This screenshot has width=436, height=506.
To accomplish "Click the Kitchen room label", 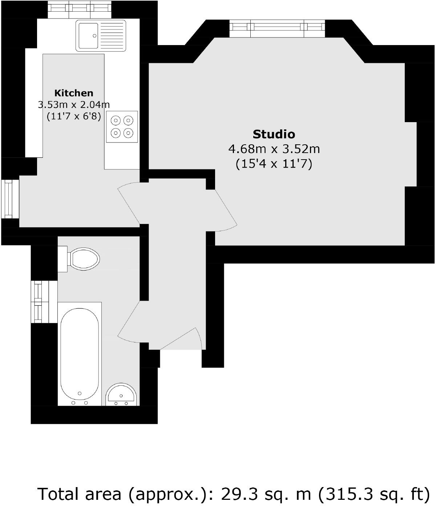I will (x=74, y=93).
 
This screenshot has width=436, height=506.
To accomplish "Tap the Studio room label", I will (x=274, y=134).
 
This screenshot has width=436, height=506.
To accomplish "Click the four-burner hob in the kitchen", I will (x=122, y=126).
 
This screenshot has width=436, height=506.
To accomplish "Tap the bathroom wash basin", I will (x=122, y=395).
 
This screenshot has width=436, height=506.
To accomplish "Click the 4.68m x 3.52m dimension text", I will (x=274, y=149).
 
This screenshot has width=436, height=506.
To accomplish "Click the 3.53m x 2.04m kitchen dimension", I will (x=74, y=105).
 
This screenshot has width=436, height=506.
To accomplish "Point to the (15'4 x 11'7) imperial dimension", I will (x=274, y=164).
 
